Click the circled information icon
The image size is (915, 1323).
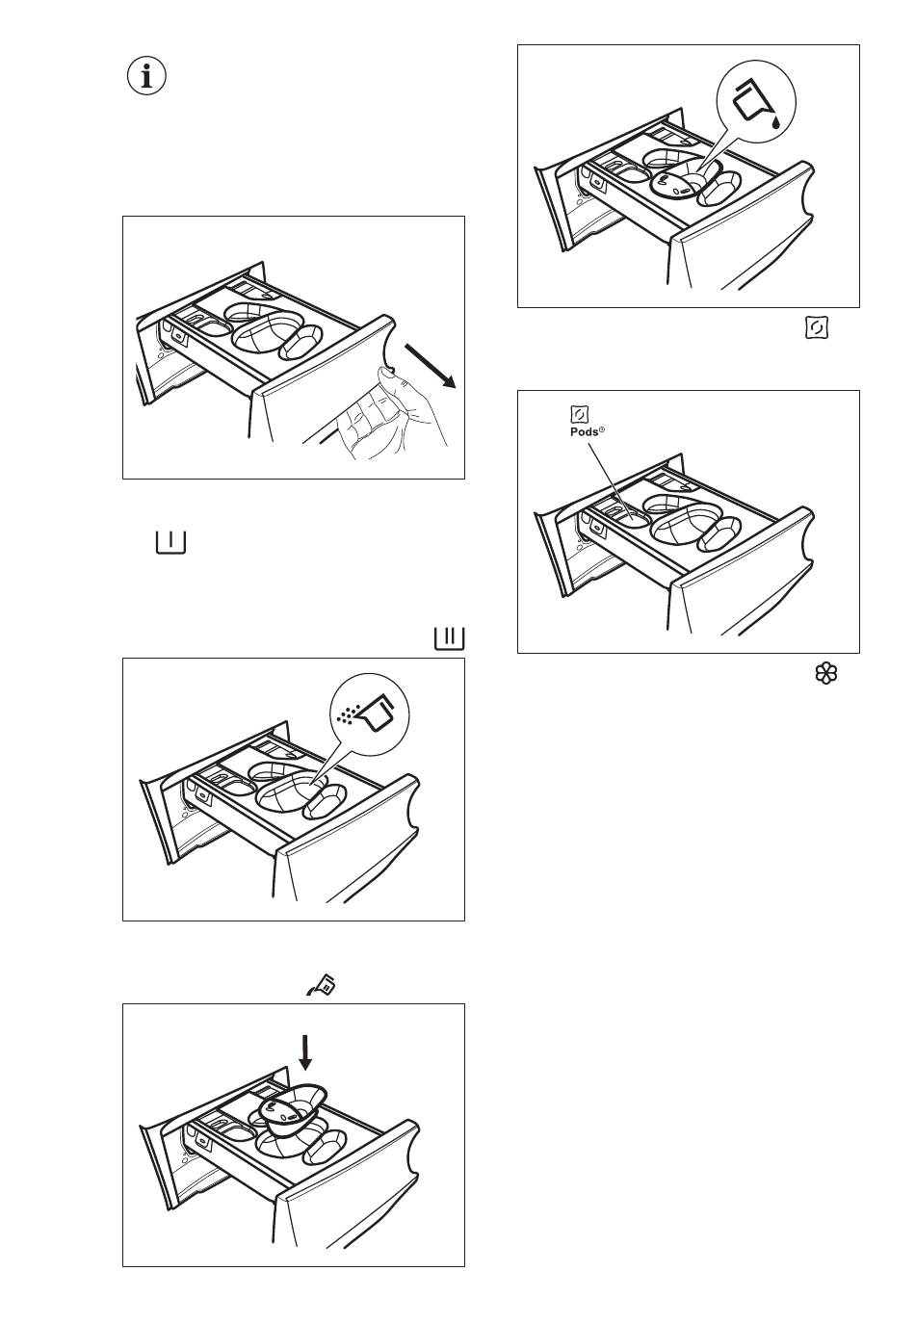pyautogui.click(x=146, y=76)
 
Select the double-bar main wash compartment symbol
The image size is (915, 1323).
pyautogui.click(x=449, y=637)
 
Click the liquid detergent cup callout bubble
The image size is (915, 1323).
pyautogui.click(x=757, y=103)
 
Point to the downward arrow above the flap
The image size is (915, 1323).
pyautogui.click(x=306, y=1052)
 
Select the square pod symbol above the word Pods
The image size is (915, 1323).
pyautogui.click(x=579, y=414)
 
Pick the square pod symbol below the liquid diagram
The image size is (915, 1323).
pyautogui.click(x=815, y=328)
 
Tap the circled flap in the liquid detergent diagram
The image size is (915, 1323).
pyautogui.click(x=675, y=183)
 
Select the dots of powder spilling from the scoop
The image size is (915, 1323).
pyautogui.click(x=348, y=713)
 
